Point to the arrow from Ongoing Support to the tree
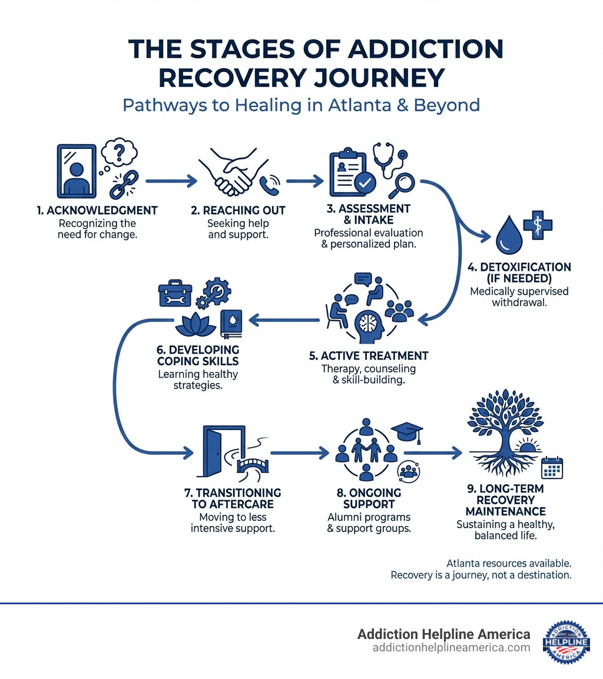[440, 452]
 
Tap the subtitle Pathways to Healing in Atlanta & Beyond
[301, 106]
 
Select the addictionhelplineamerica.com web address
[451, 648]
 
